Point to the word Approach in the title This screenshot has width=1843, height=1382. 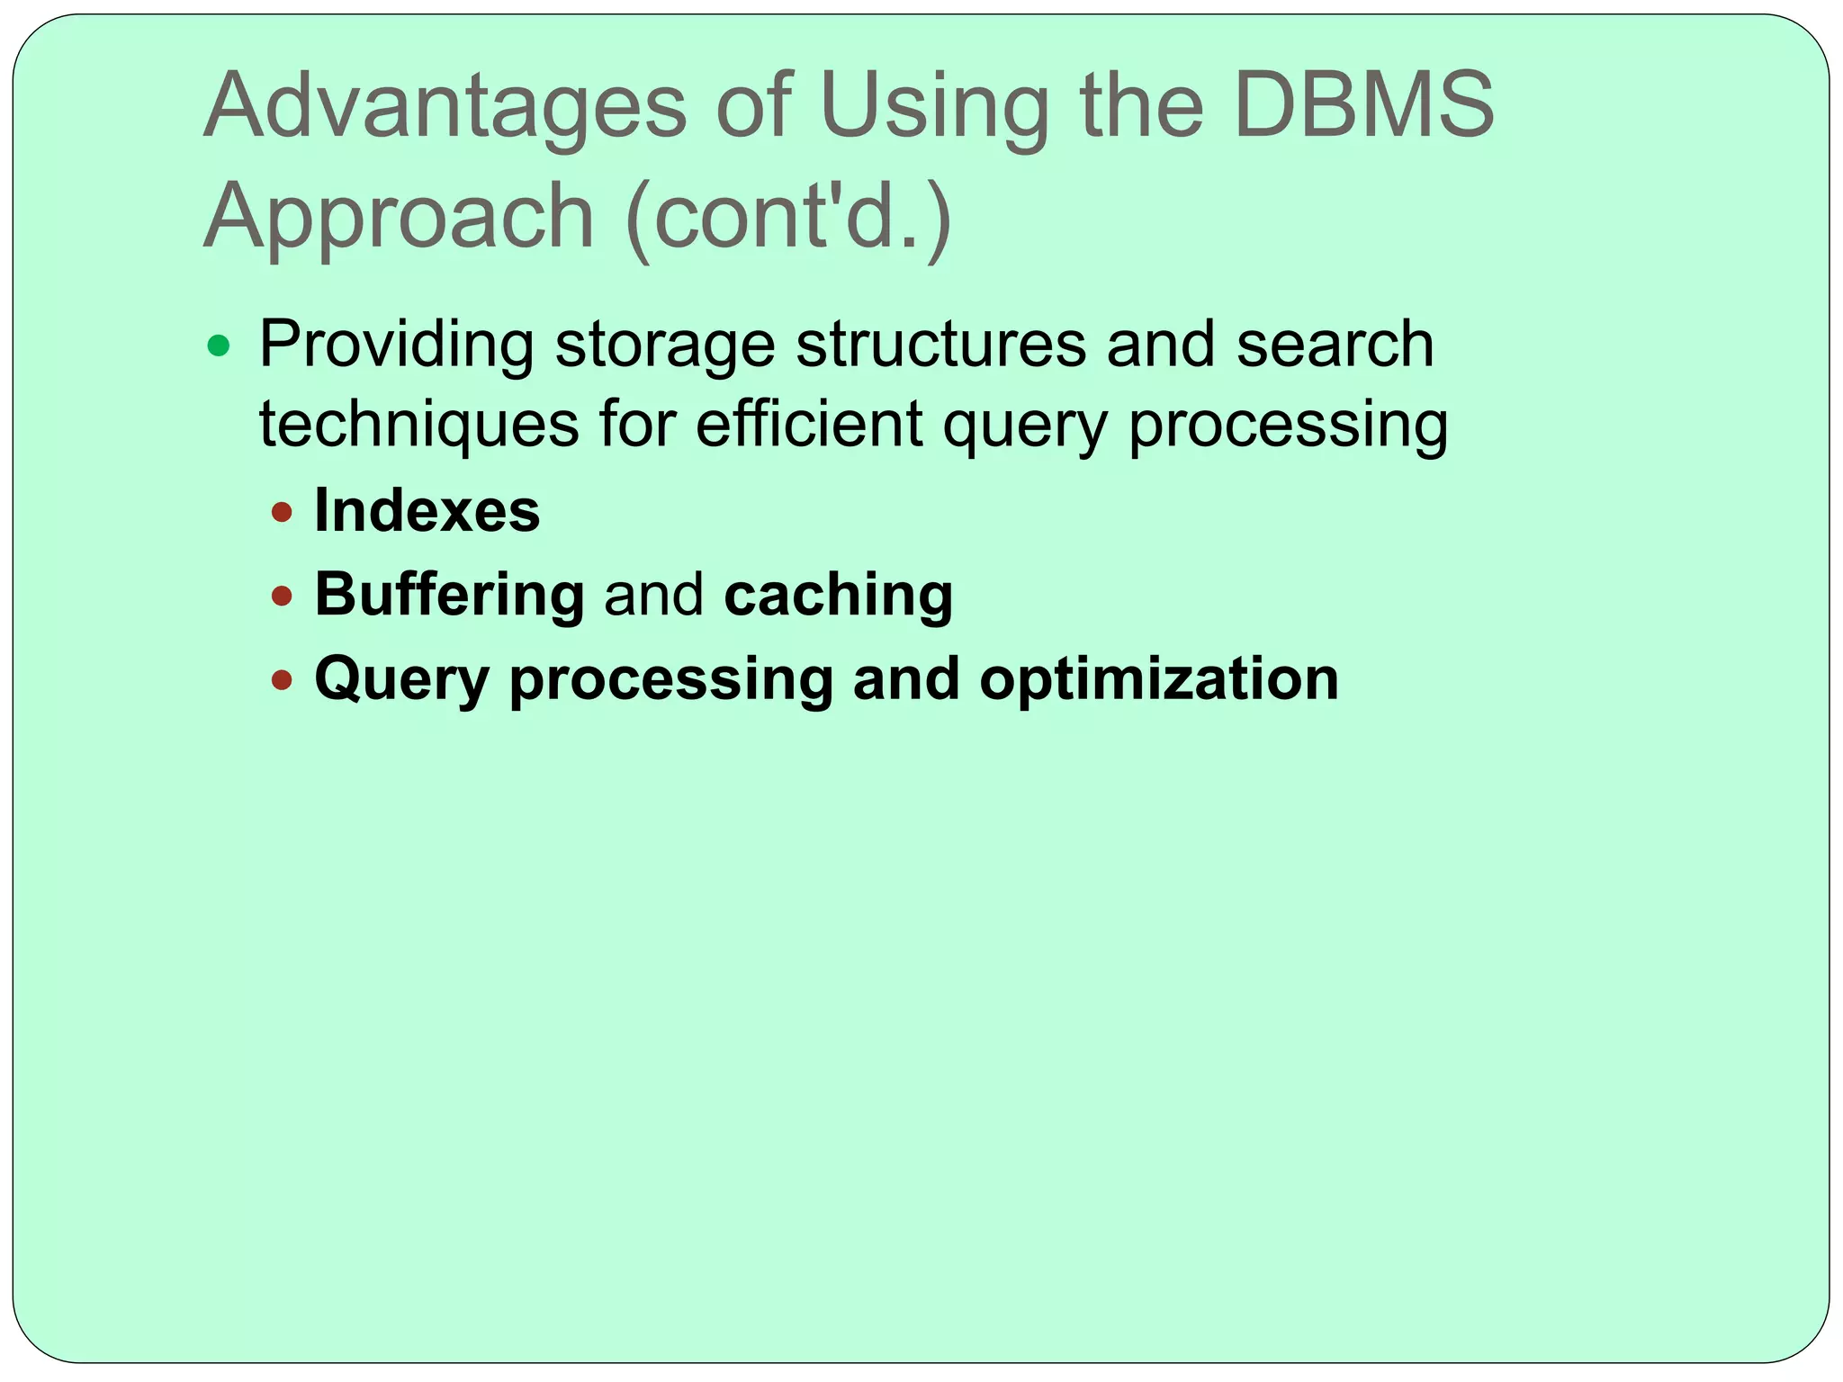pos(399,216)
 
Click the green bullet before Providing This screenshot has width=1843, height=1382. pos(219,345)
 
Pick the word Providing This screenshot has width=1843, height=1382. pos(396,345)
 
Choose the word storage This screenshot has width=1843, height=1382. pos(665,345)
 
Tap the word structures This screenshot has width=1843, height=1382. pos(941,345)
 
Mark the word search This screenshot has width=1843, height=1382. pos(1335,345)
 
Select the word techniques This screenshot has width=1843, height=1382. pos(419,425)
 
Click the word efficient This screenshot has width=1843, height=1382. pos(809,425)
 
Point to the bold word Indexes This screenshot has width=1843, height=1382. pos(427,511)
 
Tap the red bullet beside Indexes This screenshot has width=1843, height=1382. pos(283,513)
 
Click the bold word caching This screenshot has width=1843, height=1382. pos(839,595)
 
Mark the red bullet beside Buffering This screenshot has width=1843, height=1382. pos(283,596)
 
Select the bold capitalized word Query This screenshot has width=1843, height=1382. pos(401,678)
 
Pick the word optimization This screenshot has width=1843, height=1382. pos(1159,678)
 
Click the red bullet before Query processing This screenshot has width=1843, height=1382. pos(283,679)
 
